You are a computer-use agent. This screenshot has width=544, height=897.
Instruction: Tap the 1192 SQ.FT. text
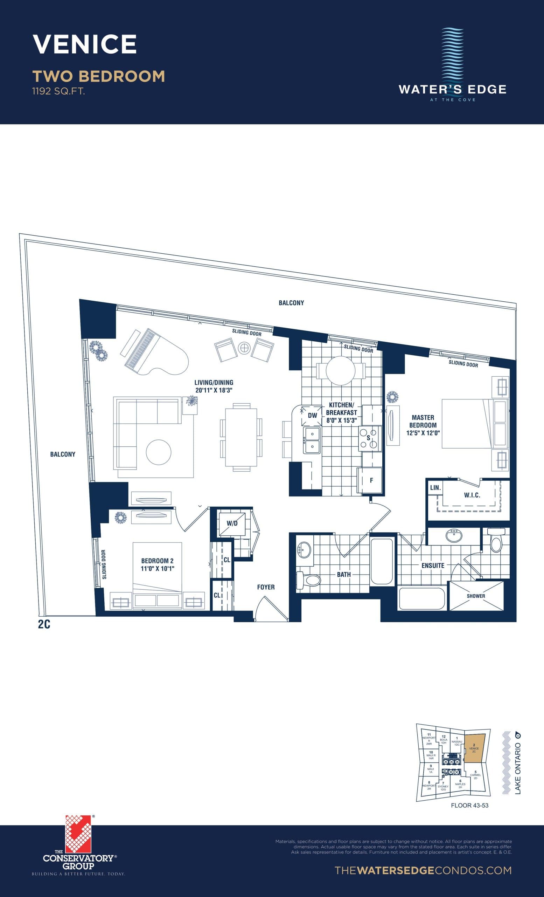pos(58,91)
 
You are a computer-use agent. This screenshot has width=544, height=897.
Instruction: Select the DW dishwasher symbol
pos(312,415)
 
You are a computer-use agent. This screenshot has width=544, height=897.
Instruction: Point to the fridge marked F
pos(371,480)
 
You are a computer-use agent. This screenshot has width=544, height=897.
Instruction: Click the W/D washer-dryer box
pos(232,523)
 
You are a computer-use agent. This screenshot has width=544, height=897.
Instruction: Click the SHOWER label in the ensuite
pos(476,596)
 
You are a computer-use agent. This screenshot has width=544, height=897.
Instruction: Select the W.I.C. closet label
pos(472,495)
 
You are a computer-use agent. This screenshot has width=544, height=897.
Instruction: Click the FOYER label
pos(266,587)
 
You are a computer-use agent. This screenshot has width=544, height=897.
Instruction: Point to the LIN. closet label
pos(435,487)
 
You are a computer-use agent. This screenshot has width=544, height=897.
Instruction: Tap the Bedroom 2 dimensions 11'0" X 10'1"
pos(158,569)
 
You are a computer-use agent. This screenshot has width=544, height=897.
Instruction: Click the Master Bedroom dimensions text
pos(423,433)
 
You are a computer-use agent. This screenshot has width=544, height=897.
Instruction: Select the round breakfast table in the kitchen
pos(340,371)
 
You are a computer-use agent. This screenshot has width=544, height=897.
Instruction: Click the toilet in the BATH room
pos(308,580)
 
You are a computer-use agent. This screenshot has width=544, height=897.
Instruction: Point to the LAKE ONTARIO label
pos(518,768)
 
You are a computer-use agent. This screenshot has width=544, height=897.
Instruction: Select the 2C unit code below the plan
pos(44,624)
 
